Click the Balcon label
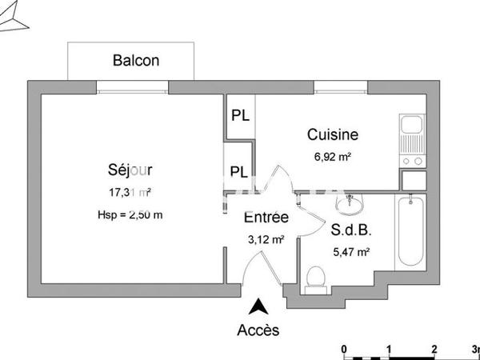[x=136, y=60]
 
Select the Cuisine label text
[x=333, y=135]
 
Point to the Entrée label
[x=266, y=218]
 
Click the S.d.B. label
[x=350, y=232]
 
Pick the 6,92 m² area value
[x=334, y=158]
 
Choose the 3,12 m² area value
[x=266, y=238]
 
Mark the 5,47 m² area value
[x=350, y=253]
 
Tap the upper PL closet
[x=240, y=114]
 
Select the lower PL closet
[x=238, y=171]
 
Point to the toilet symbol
[x=316, y=278]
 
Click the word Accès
[x=258, y=330]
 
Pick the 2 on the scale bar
[x=434, y=349]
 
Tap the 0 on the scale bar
[x=343, y=349]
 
